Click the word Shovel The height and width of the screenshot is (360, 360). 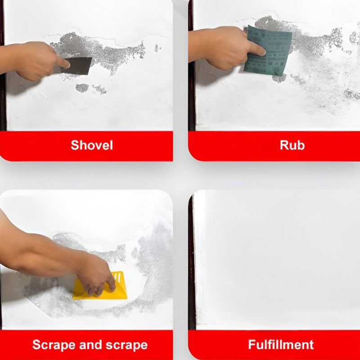91,145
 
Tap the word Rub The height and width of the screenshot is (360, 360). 292,145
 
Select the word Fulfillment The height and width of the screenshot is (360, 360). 281,345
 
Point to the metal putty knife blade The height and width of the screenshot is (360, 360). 79,66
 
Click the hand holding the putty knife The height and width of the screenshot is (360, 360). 38,61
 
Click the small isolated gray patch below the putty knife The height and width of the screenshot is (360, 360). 82,88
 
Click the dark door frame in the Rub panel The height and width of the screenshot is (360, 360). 191,90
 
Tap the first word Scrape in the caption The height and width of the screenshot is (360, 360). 54,345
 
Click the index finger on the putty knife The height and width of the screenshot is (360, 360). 61,62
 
